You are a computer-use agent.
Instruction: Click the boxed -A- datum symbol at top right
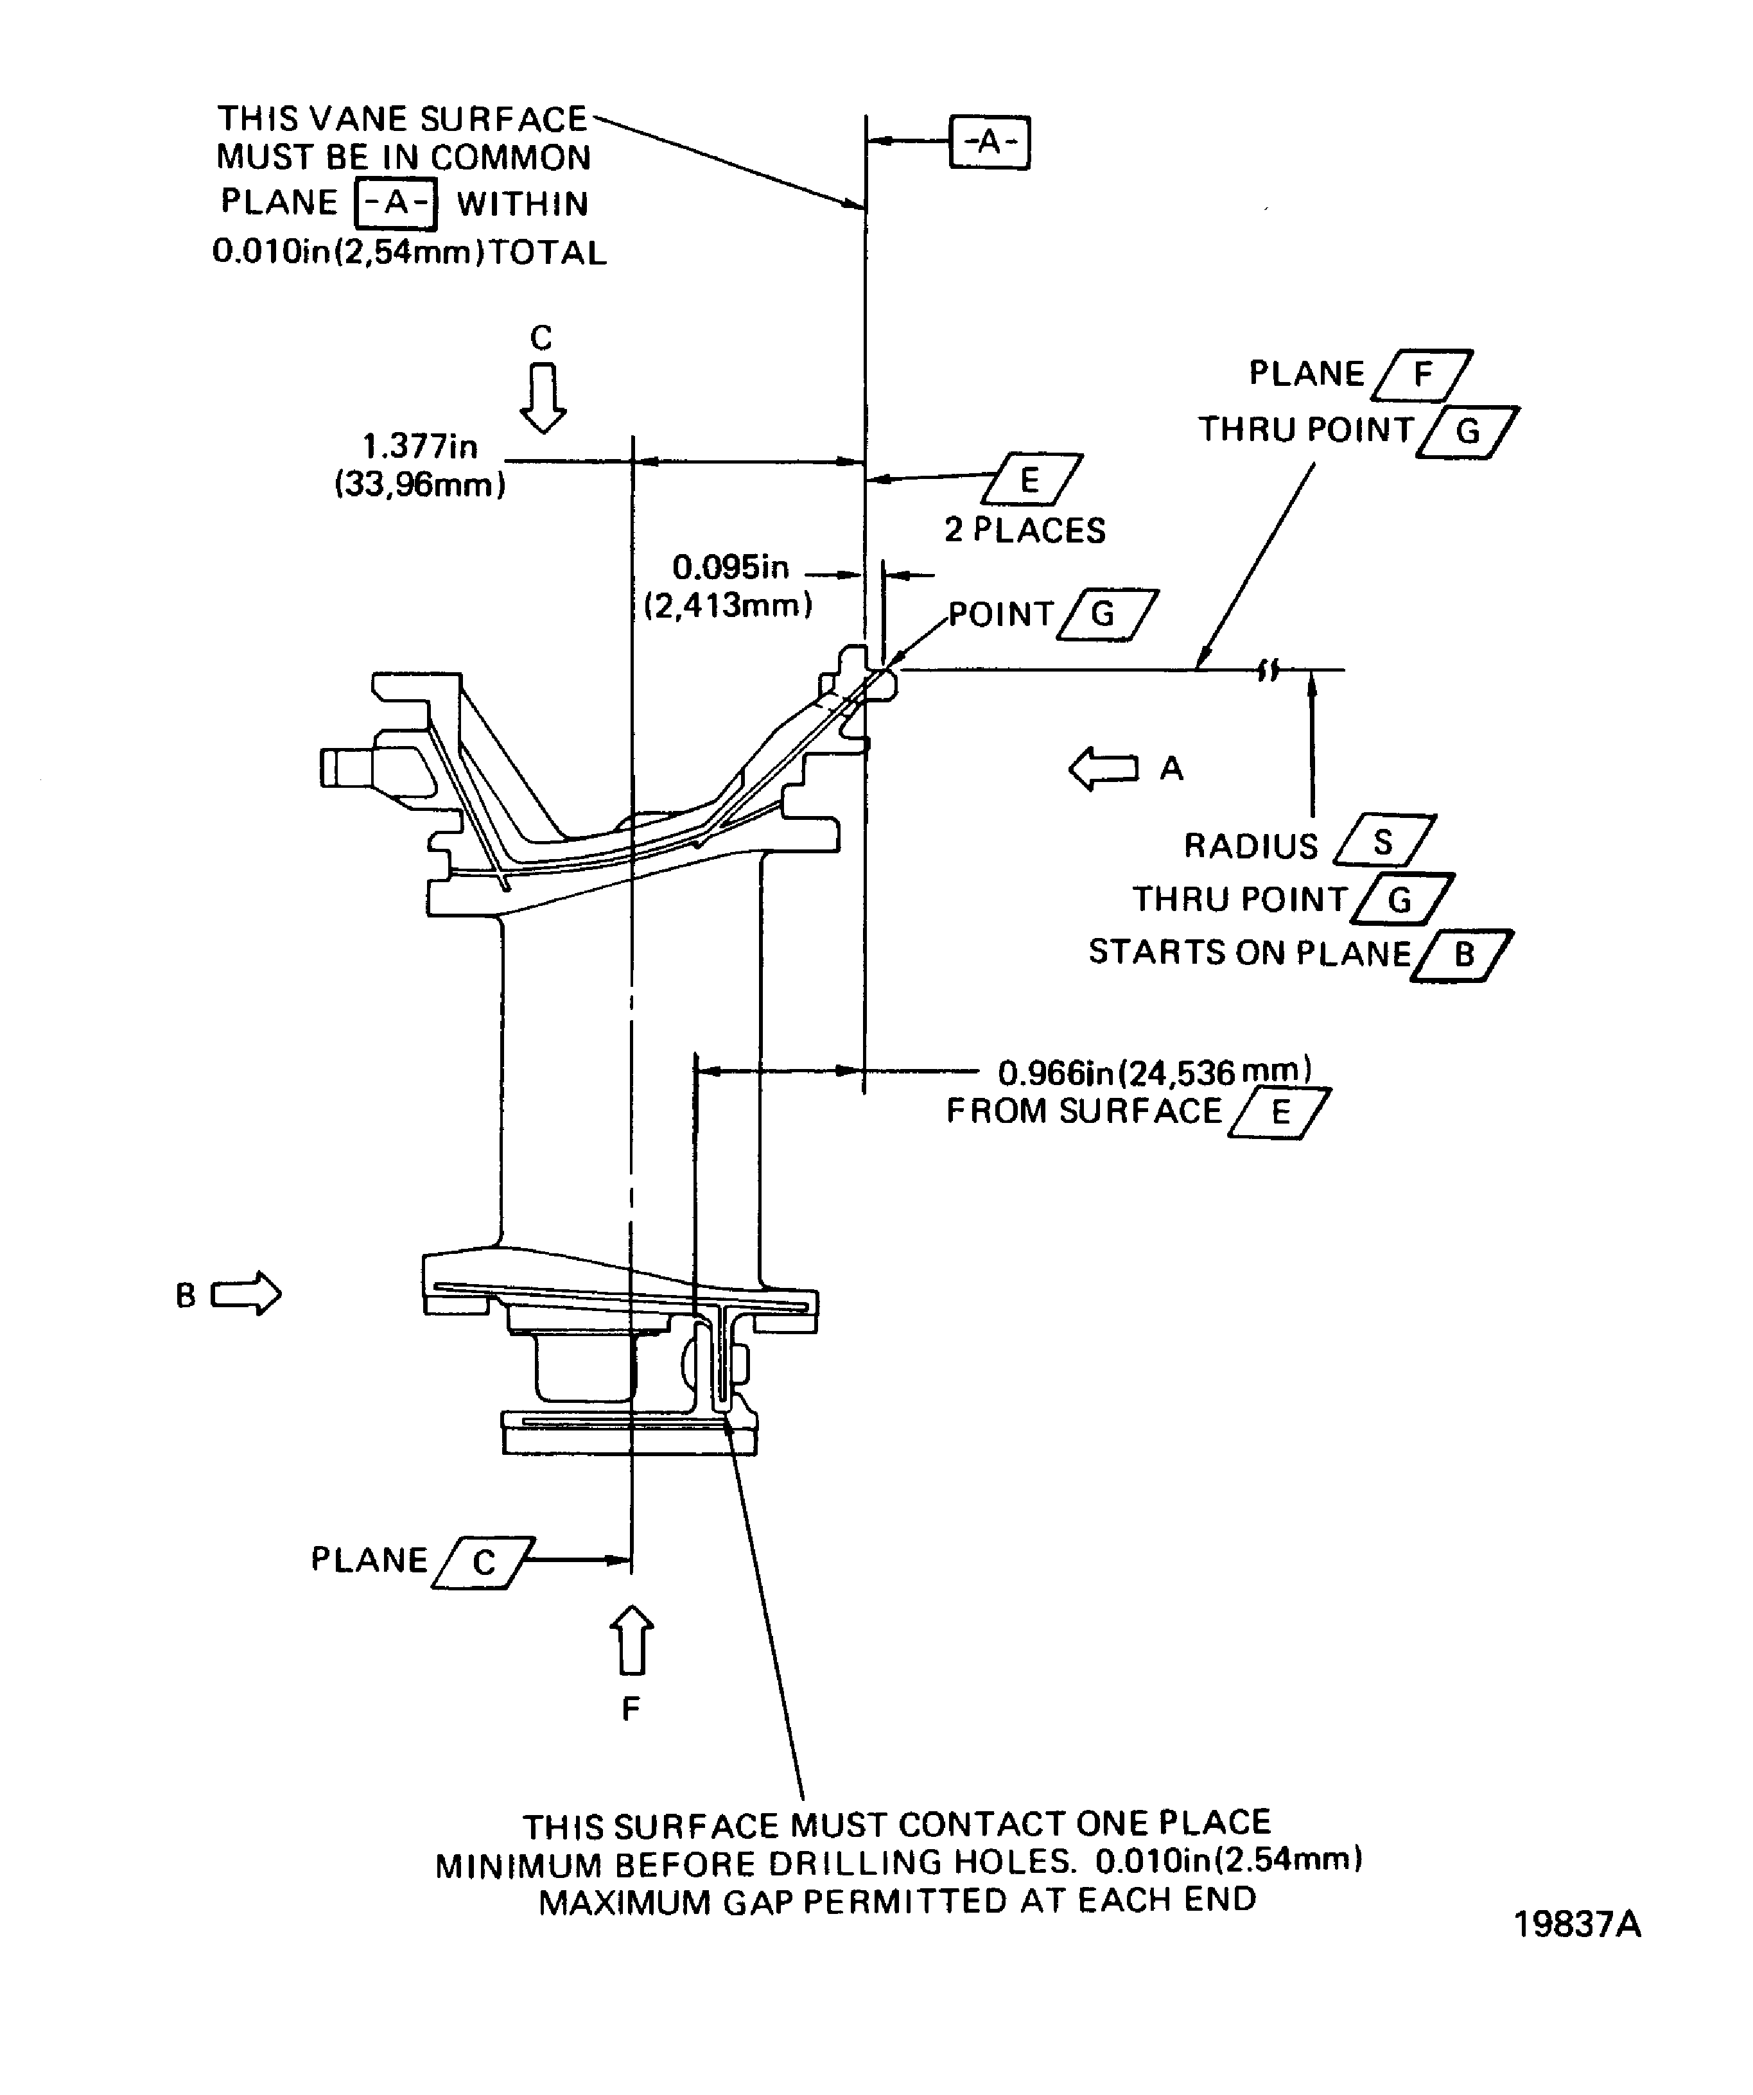989,143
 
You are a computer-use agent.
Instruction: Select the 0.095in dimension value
730,567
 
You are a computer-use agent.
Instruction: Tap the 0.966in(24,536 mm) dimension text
1155,1072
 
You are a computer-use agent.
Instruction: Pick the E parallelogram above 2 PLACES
1032,480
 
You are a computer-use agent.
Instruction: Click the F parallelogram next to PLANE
1423,375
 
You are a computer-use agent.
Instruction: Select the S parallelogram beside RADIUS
1384,841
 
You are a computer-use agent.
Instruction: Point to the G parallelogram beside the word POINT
1106,614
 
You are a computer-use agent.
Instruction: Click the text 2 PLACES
1025,530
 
